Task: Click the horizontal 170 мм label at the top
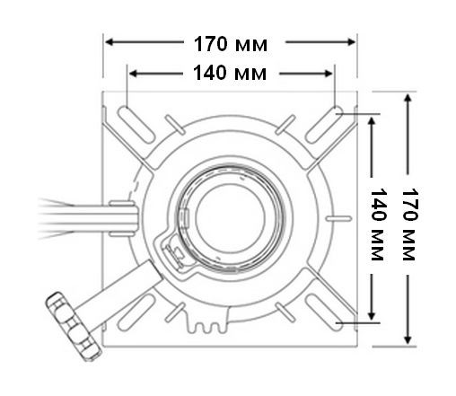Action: pyautogui.click(x=230, y=42)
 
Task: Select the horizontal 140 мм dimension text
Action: pyautogui.click(x=230, y=73)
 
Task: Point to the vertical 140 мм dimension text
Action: pyautogui.click(x=377, y=221)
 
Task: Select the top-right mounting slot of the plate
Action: pyautogui.click(x=328, y=123)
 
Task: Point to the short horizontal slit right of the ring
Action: pyautogui.click(x=338, y=217)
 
